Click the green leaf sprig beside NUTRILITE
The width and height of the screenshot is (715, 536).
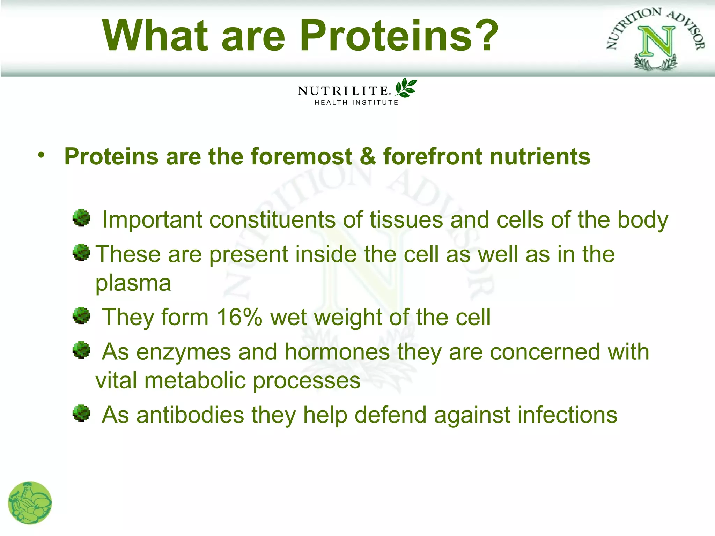click(x=406, y=88)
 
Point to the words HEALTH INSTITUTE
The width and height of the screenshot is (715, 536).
click(x=356, y=103)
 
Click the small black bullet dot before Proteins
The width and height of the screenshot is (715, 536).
click(x=42, y=155)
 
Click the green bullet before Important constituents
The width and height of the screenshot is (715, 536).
click(x=81, y=218)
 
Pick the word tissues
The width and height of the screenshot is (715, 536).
click(x=406, y=220)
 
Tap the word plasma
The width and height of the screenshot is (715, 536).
click(x=133, y=283)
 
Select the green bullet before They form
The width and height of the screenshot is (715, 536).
click(x=81, y=315)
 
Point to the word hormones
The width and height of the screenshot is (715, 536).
click(x=337, y=352)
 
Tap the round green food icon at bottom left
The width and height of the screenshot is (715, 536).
click(x=30, y=503)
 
